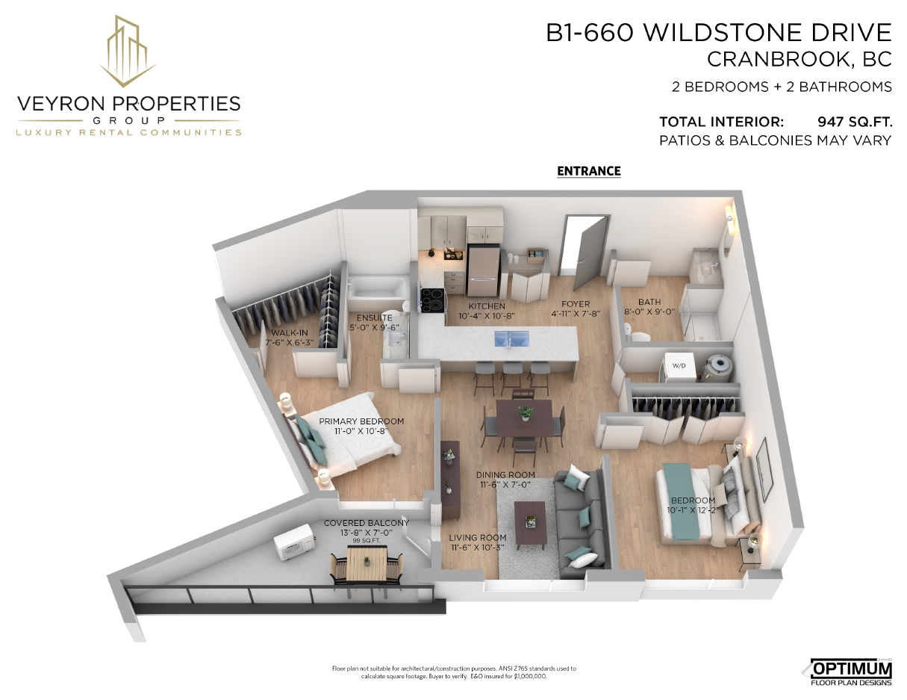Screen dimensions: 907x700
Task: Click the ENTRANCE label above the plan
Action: click(x=589, y=171)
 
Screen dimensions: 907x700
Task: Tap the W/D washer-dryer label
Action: click(x=679, y=366)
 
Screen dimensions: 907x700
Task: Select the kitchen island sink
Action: click(x=511, y=338)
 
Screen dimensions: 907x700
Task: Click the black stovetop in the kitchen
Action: click(x=432, y=299)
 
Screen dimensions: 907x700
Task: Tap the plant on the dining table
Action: click(x=525, y=412)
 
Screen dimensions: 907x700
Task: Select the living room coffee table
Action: click(x=530, y=525)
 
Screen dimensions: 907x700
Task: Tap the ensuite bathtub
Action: click(x=377, y=288)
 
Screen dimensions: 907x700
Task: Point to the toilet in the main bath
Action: click(x=637, y=335)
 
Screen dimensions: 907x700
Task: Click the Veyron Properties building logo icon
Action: click(x=128, y=51)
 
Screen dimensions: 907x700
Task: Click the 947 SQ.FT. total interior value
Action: click(x=855, y=122)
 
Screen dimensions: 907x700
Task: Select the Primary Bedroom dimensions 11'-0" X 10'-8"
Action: click(x=361, y=430)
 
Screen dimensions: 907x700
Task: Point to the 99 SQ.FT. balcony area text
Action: click(x=366, y=540)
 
